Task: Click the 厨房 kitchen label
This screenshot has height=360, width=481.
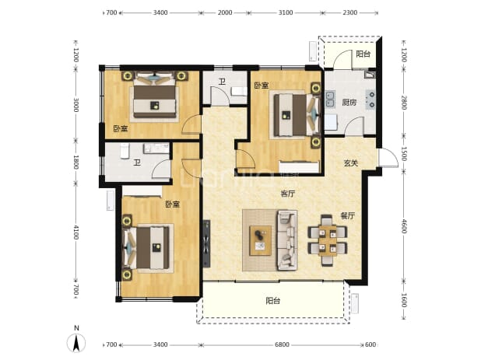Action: point(349,103)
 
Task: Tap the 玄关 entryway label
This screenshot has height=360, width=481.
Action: point(350,163)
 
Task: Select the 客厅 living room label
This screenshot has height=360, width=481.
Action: point(288,194)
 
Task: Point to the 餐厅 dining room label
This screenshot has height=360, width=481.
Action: point(348,215)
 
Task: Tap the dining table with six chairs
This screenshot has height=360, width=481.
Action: point(328,240)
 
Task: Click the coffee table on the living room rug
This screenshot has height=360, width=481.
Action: point(261,240)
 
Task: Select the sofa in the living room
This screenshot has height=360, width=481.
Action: point(287,240)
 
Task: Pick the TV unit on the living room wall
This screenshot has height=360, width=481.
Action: point(206,243)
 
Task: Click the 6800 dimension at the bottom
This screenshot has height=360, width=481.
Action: point(282,344)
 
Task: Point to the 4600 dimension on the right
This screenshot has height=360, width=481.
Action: point(404,226)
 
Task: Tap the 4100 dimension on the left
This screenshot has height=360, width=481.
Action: point(75,232)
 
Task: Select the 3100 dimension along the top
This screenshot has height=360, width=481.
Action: point(286,12)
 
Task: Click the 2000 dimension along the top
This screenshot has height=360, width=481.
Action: point(225,12)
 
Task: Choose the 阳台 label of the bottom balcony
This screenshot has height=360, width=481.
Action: point(273,301)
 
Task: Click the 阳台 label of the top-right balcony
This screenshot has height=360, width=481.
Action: point(363,54)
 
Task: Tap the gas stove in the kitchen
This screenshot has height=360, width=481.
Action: point(370,100)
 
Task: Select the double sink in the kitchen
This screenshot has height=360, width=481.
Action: point(330,99)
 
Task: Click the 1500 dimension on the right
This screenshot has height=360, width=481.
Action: point(404,154)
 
